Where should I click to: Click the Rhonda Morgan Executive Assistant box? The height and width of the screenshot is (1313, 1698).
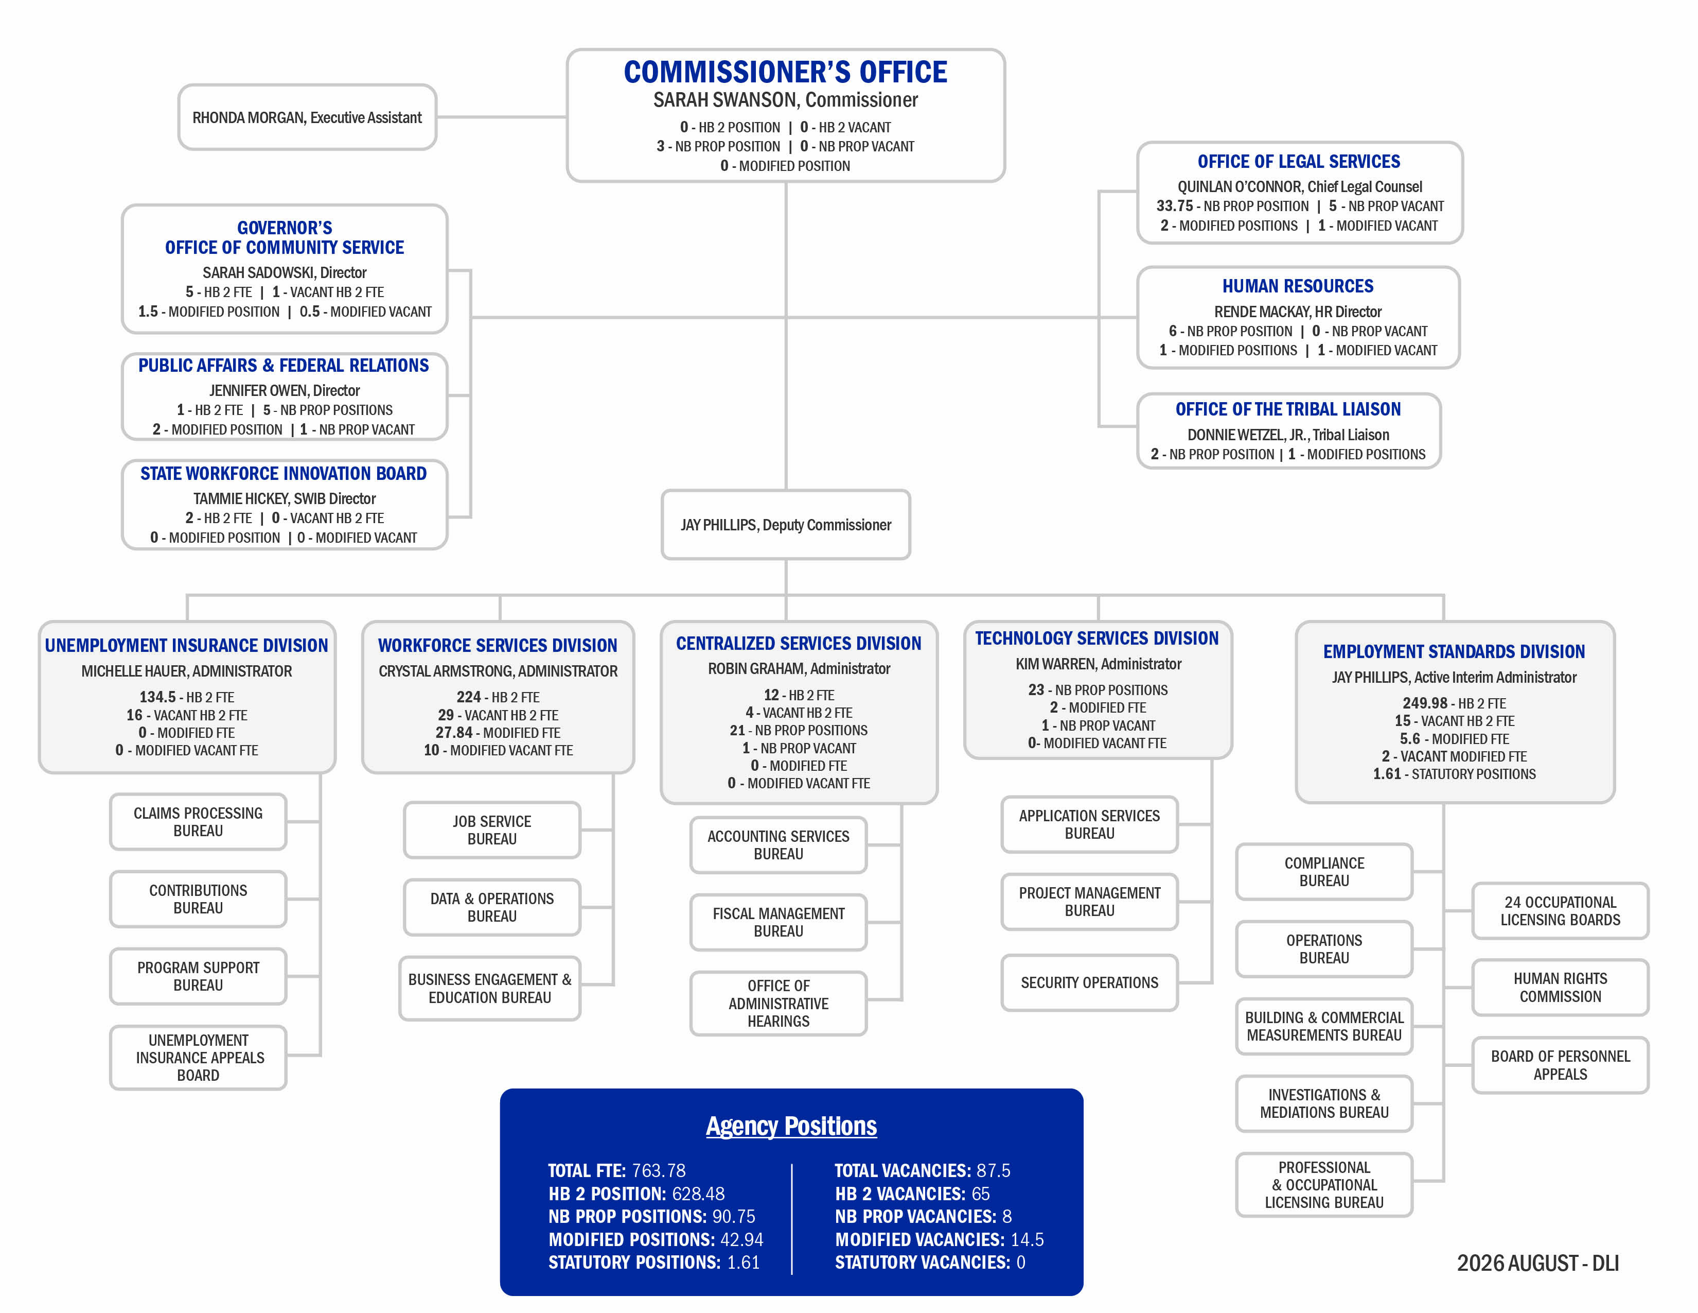click(x=307, y=117)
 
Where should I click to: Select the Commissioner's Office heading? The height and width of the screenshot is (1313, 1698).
click(x=785, y=72)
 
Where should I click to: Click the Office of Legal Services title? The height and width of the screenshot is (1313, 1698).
click(x=1298, y=162)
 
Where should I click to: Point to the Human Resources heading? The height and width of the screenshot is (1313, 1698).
click(x=1298, y=286)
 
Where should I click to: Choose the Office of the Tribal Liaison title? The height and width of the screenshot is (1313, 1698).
click(x=1287, y=409)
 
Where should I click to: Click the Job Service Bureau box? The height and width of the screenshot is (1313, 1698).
click(x=492, y=830)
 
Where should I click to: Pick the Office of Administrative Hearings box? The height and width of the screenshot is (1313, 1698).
click(x=778, y=1004)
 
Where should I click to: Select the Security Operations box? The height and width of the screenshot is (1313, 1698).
click(x=1089, y=983)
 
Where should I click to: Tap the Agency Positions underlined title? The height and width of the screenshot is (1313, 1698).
click(x=791, y=1126)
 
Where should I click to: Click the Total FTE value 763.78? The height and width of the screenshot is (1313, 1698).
click(x=659, y=1171)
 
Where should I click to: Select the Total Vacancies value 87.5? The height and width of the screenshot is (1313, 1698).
click(x=994, y=1171)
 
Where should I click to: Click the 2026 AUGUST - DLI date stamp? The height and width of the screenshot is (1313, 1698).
click(x=1538, y=1263)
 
